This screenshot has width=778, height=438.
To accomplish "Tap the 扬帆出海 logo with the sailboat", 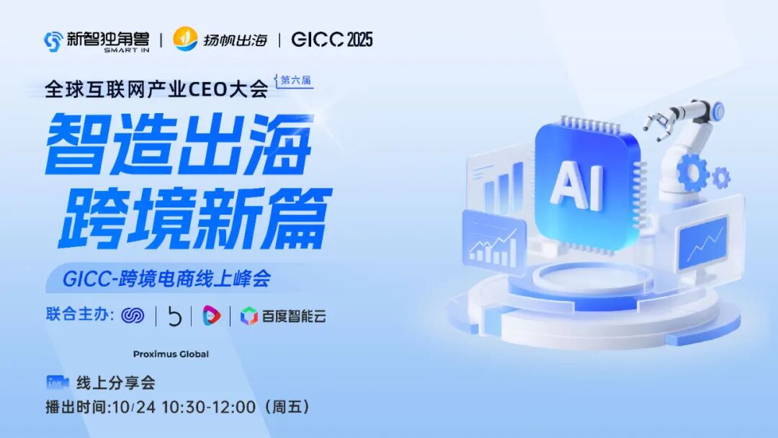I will (x=220, y=40).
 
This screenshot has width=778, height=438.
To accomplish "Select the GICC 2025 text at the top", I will (x=332, y=40).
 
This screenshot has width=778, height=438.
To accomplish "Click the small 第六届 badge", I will (x=295, y=81).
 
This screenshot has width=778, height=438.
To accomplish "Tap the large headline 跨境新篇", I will (x=194, y=216).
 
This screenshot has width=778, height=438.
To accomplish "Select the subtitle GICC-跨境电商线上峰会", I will (x=166, y=278).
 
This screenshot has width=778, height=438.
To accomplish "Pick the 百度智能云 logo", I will (x=283, y=316).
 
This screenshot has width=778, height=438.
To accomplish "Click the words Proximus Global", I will (x=171, y=354).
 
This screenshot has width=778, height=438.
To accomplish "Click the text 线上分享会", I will (x=115, y=383).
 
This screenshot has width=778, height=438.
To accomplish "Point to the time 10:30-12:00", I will (x=209, y=407).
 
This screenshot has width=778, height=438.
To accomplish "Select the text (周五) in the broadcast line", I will (x=288, y=407).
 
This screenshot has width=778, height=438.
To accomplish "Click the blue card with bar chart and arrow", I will (x=493, y=242).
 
